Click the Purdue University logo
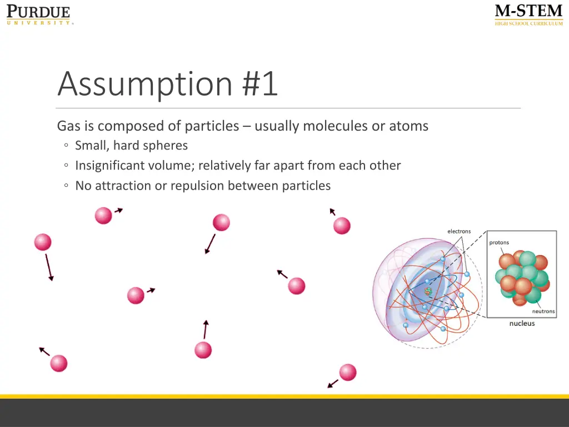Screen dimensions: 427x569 pos(39,15)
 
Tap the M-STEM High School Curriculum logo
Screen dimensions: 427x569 pos(528,15)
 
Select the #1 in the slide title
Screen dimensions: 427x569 pos(260,83)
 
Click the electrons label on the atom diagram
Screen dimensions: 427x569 pos(459,231)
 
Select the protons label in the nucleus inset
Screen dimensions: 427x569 pos(499,242)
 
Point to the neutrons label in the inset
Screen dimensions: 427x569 pos(543,311)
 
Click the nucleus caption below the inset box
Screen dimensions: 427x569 pos(522,324)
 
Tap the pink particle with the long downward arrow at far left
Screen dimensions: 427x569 pos(43,242)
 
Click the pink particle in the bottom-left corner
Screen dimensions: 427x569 pos(58,363)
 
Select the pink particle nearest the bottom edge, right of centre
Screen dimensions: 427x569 pos(347,372)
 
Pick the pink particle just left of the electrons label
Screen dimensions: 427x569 pos(342,226)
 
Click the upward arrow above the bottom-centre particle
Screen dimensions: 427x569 pos(206,329)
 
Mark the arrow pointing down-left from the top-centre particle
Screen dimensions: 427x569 pos(210,244)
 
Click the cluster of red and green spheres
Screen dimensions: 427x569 pos(522,277)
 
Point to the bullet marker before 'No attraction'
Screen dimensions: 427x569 pos(66,186)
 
